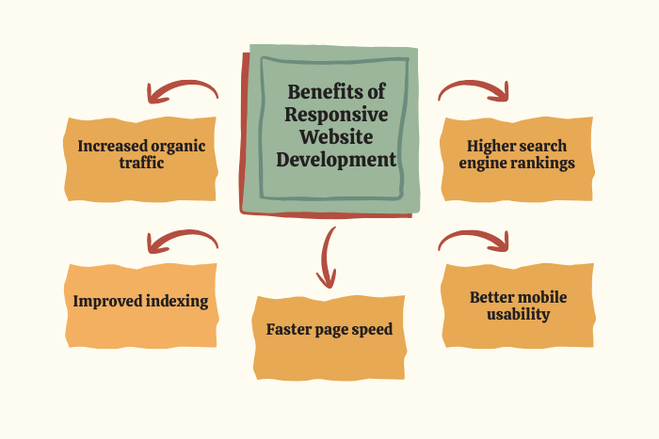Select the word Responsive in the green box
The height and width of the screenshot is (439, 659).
click(336, 115)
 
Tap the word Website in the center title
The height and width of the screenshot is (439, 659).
click(336, 137)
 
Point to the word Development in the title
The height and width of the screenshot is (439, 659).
click(336, 161)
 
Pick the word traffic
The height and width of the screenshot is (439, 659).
click(141, 163)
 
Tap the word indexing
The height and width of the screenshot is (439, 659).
click(177, 302)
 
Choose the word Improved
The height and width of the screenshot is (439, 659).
click(107, 302)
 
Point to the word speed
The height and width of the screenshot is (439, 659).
click(372, 330)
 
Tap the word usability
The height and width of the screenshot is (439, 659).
click(518, 314)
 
